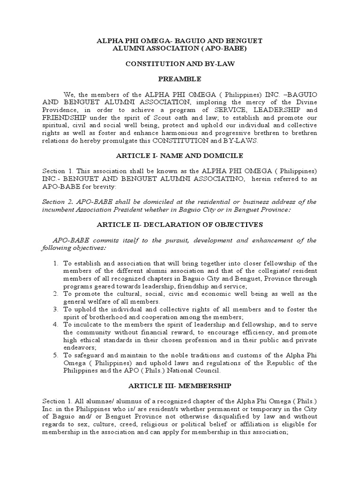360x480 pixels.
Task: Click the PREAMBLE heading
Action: (180, 79)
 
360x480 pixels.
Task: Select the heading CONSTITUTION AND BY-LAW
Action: (180, 64)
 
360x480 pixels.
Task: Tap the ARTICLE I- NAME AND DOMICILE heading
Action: (180, 156)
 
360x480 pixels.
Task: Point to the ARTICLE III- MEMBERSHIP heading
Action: (180, 386)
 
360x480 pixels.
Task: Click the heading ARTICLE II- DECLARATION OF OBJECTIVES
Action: (180, 225)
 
